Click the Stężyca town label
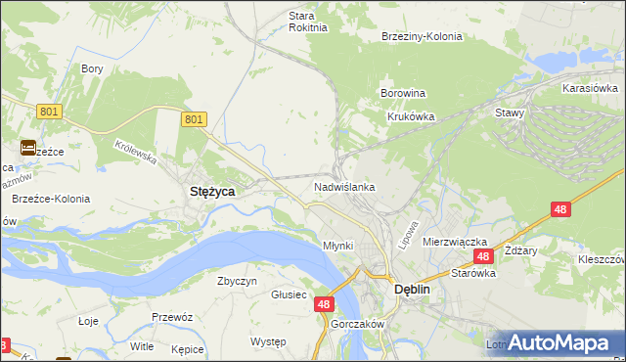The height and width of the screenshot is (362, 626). click(210, 193)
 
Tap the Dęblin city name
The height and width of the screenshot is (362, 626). click(412, 290)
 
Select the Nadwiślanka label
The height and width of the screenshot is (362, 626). click(344, 186)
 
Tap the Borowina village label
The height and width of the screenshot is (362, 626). click(402, 94)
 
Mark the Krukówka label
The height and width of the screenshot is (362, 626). click(410, 115)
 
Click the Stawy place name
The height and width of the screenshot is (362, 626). click(510, 113)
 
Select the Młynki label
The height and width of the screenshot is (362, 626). click(337, 246)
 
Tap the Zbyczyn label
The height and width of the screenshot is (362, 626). click(237, 281)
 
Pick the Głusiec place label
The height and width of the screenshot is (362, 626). click(290, 294)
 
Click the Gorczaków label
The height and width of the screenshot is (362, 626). click(356, 324)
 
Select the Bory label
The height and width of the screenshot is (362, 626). click(93, 68)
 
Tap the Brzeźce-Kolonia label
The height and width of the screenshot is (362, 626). click(51, 199)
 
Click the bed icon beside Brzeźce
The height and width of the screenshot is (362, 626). click(27, 148)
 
